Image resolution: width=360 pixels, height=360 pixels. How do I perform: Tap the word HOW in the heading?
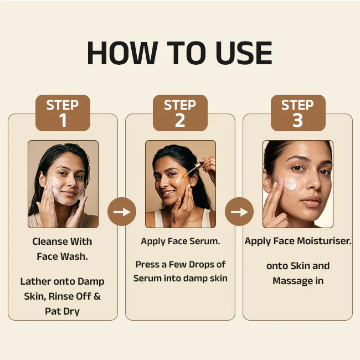(122, 53)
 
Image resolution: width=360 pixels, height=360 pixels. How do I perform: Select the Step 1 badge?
(63, 113)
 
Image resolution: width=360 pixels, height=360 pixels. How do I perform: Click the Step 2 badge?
(180, 113)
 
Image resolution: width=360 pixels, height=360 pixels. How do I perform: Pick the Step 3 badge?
(298, 113)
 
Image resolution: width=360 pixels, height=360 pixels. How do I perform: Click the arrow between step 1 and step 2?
(122, 212)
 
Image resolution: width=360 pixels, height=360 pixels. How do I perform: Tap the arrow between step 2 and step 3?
(239, 212)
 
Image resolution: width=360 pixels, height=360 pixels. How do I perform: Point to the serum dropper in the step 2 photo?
(192, 170)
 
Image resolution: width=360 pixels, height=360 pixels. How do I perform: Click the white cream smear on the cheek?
(287, 183)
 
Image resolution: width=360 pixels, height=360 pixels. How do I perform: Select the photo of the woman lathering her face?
(63, 184)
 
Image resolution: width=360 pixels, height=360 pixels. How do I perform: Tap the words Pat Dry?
(62, 312)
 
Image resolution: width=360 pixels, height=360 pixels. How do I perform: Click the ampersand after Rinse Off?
(97, 296)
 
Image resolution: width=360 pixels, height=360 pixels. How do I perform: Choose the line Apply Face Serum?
(181, 241)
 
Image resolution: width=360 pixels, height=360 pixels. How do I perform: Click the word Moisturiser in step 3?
(324, 241)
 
